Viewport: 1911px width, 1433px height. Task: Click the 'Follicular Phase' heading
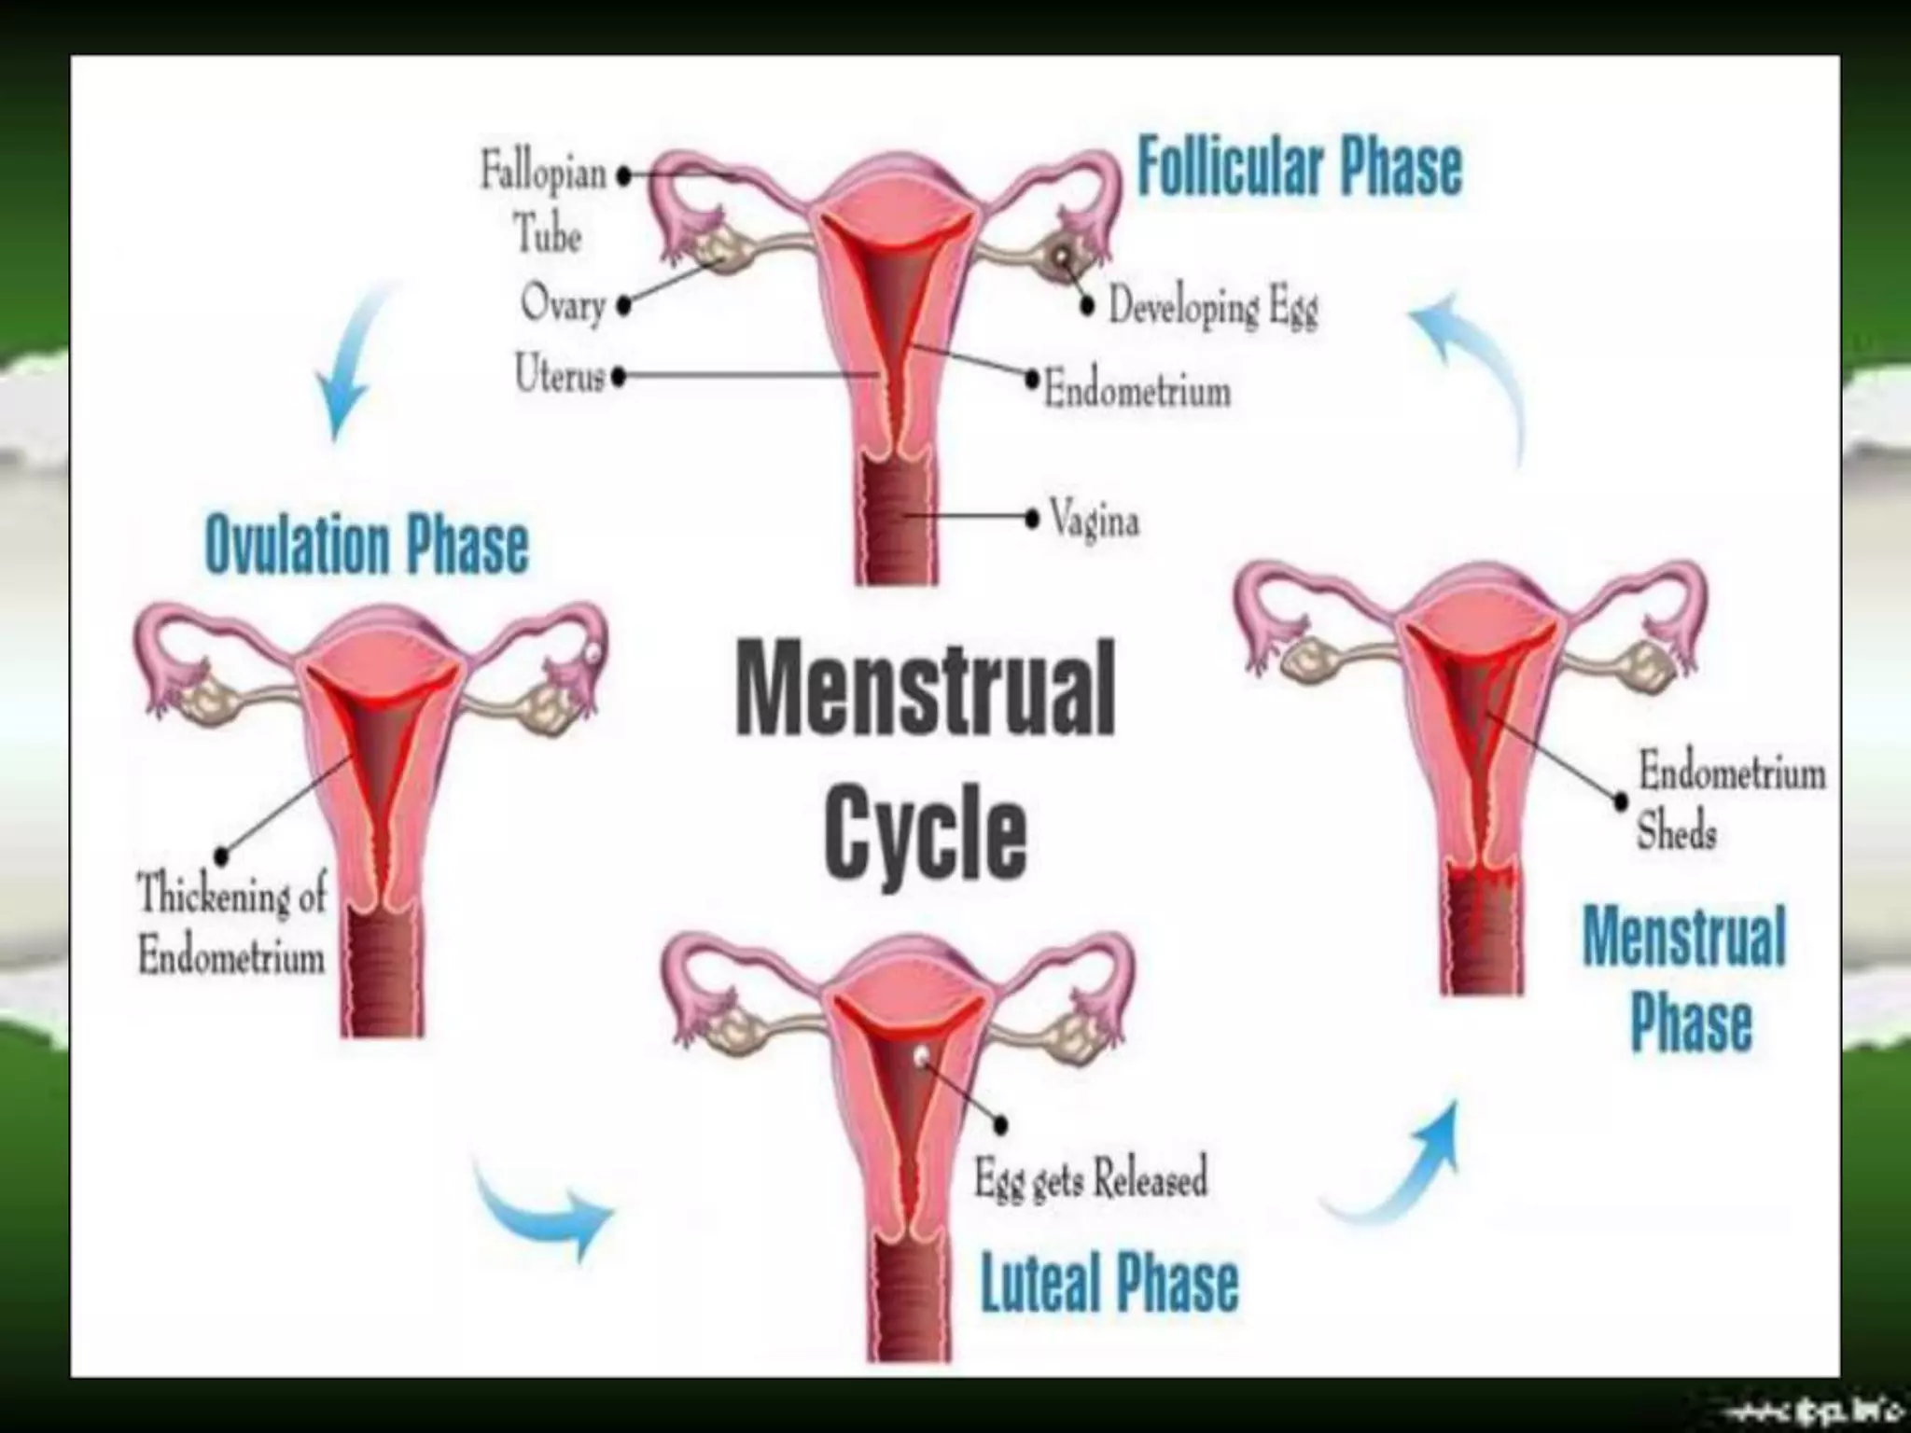coord(1299,168)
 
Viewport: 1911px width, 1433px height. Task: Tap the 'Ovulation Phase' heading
coord(366,545)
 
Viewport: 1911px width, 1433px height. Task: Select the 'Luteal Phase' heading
coord(1109,1283)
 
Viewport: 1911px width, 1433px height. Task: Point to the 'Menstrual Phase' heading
coord(1685,980)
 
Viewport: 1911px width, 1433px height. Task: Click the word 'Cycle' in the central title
coord(925,832)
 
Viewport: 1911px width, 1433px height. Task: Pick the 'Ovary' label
coord(563,304)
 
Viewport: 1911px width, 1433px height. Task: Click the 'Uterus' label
coord(560,375)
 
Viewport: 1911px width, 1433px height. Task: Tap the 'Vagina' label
coord(1095,519)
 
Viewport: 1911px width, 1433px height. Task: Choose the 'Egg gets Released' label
coord(1091,1178)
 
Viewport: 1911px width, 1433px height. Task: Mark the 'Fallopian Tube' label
coord(545,202)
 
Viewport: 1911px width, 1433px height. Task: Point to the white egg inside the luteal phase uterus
coord(922,1055)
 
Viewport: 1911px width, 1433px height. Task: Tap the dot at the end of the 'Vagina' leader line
coord(1032,519)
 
